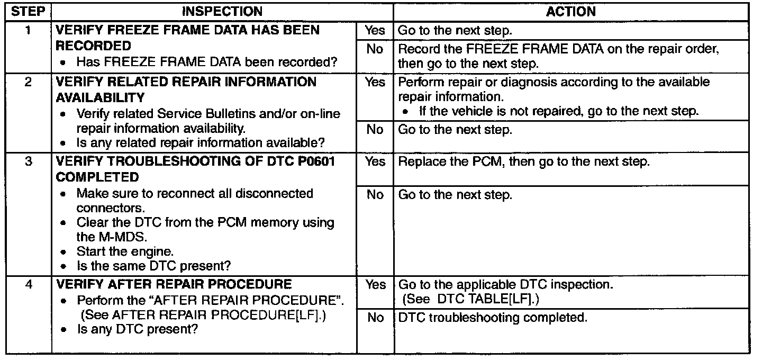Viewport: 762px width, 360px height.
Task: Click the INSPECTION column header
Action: click(222, 11)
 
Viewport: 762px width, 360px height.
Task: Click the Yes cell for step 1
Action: click(375, 31)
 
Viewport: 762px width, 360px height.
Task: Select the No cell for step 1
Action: click(375, 50)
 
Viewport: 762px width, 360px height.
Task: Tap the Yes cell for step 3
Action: click(375, 162)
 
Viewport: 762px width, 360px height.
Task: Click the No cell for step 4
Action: click(375, 318)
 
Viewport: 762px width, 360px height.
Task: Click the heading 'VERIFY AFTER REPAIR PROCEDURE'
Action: click(173, 284)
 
